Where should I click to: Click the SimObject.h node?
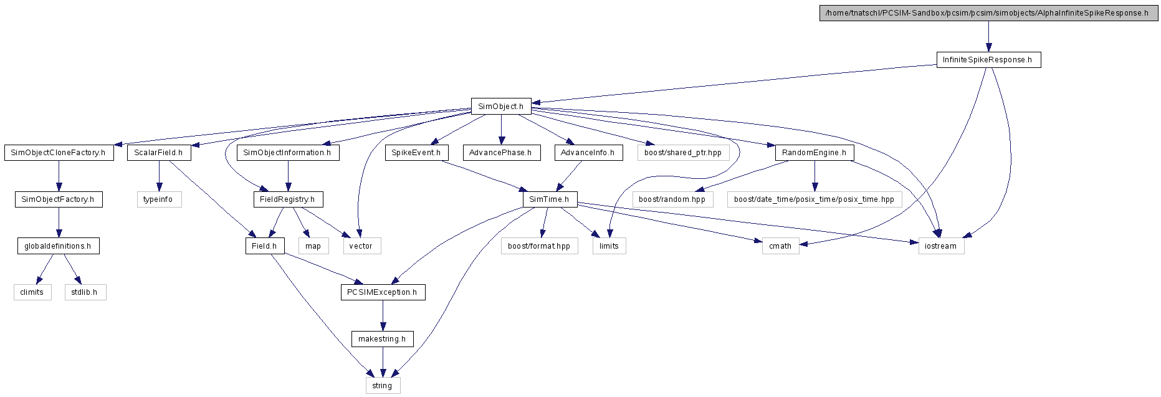tap(500, 107)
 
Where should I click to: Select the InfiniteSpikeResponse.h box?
tap(988, 60)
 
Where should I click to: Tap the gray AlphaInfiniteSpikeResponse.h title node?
tap(988, 13)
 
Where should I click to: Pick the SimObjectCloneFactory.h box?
tap(59, 153)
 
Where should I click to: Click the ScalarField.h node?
tap(159, 153)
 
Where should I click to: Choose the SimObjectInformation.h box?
tap(287, 153)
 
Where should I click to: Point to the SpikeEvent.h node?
tap(416, 153)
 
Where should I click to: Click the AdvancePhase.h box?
tap(500, 153)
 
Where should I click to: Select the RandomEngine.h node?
tap(814, 153)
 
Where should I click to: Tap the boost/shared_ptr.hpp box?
tap(683, 153)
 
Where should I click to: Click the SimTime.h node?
tap(549, 199)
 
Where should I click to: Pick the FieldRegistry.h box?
tap(287, 199)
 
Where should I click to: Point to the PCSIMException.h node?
tap(383, 292)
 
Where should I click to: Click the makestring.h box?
tap(383, 339)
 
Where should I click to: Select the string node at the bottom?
tap(383, 386)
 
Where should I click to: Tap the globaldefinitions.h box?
tap(58, 246)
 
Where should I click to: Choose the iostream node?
tap(941, 246)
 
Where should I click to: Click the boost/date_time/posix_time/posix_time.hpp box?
tap(814, 199)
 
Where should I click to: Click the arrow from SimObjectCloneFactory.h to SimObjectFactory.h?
tap(59, 176)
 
